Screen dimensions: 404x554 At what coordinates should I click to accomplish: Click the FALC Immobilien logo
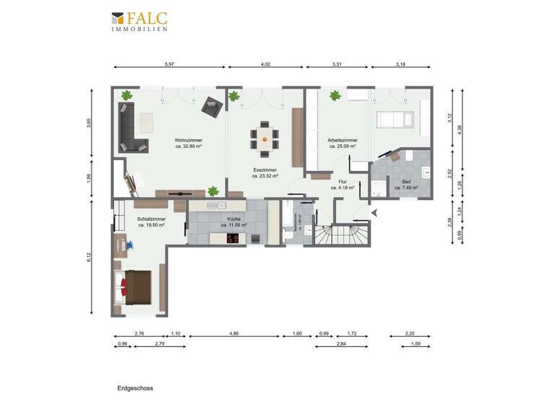[x=140, y=22]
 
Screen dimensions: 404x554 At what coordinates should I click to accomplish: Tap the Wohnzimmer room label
[x=188, y=143]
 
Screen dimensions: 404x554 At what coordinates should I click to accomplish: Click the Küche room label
[x=234, y=221]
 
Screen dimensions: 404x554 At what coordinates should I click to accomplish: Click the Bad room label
[x=406, y=184]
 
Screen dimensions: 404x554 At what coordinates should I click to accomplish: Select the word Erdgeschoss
[x=135, y=387]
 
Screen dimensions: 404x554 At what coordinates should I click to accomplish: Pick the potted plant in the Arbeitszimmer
[x=335, y=95]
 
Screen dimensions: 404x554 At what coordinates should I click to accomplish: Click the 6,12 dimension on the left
[x=89, y=257]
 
